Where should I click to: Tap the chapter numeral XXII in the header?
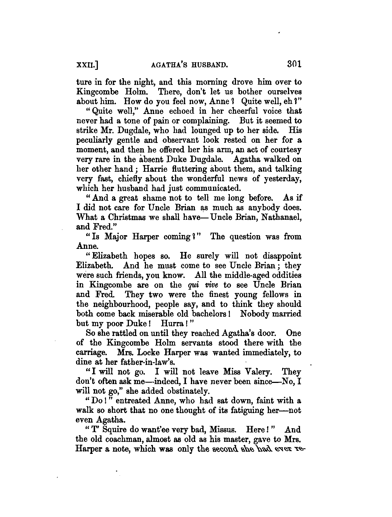[86, 65]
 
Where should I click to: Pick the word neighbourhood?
[121, 304]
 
